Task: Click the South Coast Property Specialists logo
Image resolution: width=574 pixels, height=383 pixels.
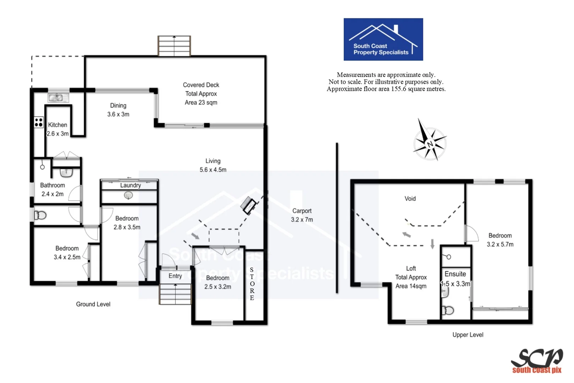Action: click(383, 39)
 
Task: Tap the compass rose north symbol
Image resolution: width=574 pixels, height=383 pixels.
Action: click(430, 144)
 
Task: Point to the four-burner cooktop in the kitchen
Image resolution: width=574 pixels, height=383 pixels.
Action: click(39, 122)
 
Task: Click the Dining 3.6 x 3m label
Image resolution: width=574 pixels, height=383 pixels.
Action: click(118, 110)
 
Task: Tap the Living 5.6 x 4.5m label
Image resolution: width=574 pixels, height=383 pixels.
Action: click(213, 165)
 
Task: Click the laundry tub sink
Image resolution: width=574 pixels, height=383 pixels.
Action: click(128, 195)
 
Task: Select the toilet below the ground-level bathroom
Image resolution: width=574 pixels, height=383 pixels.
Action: click(40, 215)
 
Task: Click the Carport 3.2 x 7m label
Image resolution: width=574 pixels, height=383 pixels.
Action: click(302, 215)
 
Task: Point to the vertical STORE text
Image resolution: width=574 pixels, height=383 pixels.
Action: click(252, 284)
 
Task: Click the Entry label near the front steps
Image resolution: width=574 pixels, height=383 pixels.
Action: click(175, 276)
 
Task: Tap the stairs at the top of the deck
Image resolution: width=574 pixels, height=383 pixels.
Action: click(174, 46)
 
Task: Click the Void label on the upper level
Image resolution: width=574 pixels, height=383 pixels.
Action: click(410, 199)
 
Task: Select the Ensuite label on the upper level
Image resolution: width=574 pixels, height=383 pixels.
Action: click(455, 274)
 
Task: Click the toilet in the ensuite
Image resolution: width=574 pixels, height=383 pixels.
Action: click(448, 311)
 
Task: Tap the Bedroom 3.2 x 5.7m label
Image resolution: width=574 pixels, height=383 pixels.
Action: click(500, 240)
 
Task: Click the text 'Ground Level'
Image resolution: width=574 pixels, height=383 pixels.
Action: click(93, 304)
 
